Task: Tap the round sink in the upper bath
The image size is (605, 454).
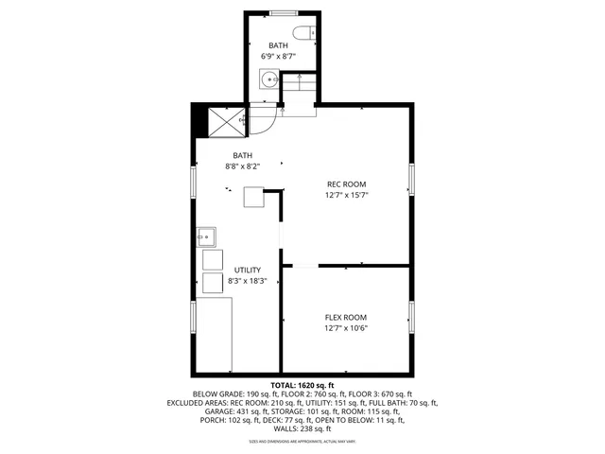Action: tap(268, 79)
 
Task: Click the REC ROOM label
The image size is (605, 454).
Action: tap(346, 183)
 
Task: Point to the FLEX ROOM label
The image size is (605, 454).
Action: tap(346, 317)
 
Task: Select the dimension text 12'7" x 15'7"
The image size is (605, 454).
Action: tap(346, 196)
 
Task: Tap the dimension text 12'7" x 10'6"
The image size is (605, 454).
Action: tap(346, 329)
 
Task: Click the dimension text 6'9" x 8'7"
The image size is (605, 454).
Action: tap(278, 57)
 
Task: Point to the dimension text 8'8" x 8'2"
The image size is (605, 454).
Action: tap(243, 166)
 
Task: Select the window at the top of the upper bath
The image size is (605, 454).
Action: tap(281, 13)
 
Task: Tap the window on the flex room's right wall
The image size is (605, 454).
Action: tap(411, 318)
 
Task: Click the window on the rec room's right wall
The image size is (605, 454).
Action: tap(411, 179)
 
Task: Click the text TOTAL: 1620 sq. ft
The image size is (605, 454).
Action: tap(302, 386)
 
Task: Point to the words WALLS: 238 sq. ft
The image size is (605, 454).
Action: tap(302, 428)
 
